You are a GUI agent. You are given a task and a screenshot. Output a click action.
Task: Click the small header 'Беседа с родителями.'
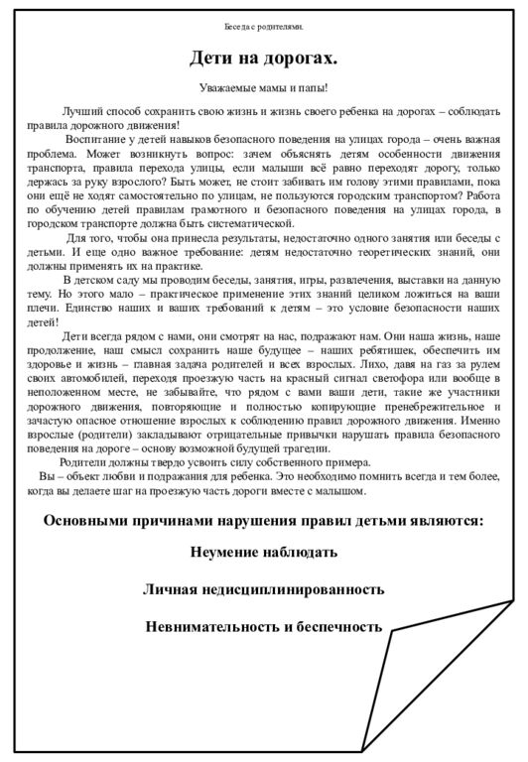pos(263,27)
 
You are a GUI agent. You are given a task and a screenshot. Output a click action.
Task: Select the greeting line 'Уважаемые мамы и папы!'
pos(263,88)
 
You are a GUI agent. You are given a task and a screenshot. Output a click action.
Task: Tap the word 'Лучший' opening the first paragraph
pos(78,110)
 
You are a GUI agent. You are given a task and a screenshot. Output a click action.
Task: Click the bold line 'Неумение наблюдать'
pos(263,552)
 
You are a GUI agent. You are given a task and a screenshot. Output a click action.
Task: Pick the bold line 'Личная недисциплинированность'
pos(263,589)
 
